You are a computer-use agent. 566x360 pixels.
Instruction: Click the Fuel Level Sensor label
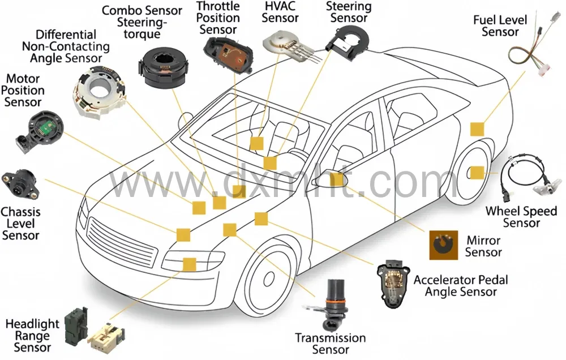[500, 26]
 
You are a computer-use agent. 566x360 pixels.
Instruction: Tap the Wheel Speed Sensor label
[521, 217]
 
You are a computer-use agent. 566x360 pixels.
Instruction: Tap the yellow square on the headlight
[189, 264]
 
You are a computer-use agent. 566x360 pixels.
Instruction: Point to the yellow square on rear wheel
[477, 173]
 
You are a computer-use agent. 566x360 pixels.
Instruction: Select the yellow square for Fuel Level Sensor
[477, 129]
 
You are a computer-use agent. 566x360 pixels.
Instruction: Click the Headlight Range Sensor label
[32, 335]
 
